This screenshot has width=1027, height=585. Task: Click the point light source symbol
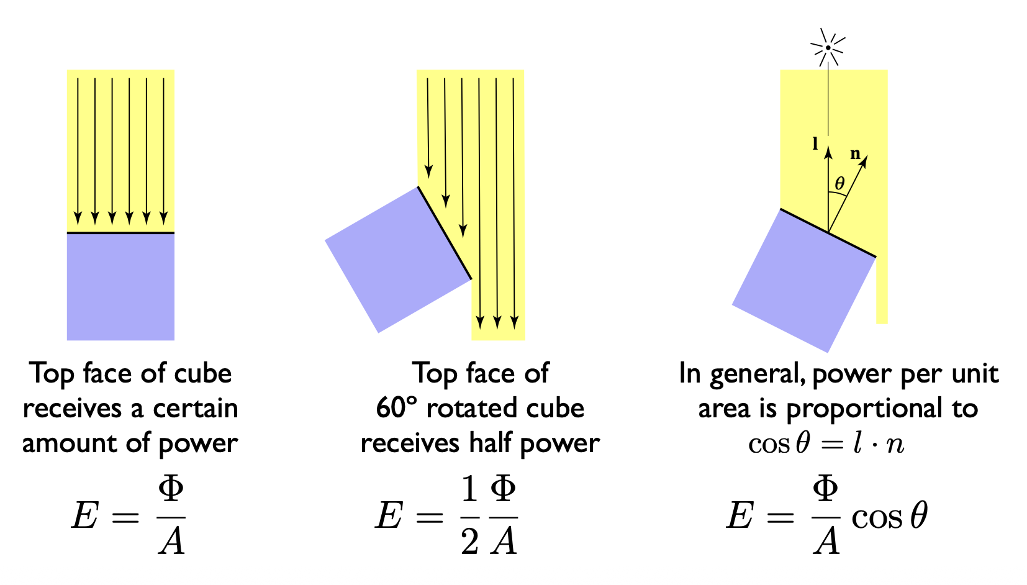[828, 47]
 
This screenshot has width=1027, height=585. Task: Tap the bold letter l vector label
[815, 144]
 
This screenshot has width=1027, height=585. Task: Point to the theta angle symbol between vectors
[839, 183]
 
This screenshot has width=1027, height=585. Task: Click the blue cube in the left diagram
[120, 287]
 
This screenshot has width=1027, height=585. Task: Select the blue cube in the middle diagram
[397, 260]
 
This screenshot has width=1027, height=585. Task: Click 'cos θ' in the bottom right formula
[889, 516]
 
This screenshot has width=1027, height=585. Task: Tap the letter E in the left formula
[85, 515]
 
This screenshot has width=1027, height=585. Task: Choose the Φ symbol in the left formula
[171, 490]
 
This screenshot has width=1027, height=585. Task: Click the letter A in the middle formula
[504, 540]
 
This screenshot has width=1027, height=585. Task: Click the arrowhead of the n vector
[864, 158]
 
